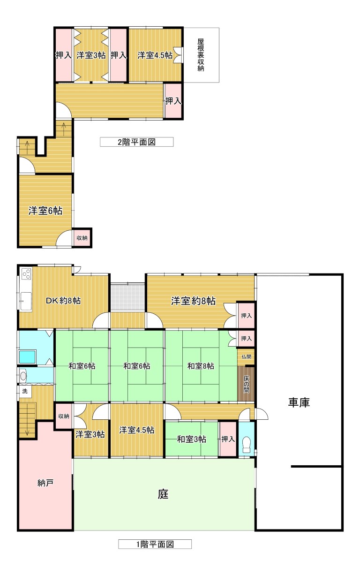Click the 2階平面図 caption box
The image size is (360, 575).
click(x=136, y=142)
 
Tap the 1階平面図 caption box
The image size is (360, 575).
click(x=155, y=544)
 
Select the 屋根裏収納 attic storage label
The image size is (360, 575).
click(x=201, y=55)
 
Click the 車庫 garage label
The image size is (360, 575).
click(x=299, y=402)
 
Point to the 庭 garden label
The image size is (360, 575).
click(x=163, y=494)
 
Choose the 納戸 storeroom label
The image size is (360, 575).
click(x=45, y=482)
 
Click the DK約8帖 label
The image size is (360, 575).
click(x=63, y=301)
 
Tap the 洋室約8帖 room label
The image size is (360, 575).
click(x=193, y=301)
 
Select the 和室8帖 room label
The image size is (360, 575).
click(x=201, y=366)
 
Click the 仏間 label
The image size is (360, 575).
click(x=246, y=356)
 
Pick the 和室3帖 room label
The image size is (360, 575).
click(x=191, y=439)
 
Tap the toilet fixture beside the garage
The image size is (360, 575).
click(x=247, y=443)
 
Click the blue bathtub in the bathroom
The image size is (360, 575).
click(x=27, y=357)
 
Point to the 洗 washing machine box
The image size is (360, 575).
click(x=24, y=391)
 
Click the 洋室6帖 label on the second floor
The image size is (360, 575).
click(x=45, y=211)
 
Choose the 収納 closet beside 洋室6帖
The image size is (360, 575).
click(x=82, y=238)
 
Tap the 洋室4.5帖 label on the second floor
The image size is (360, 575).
click(x=155, y=55)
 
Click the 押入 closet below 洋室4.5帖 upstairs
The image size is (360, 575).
click(x=173, y=100)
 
